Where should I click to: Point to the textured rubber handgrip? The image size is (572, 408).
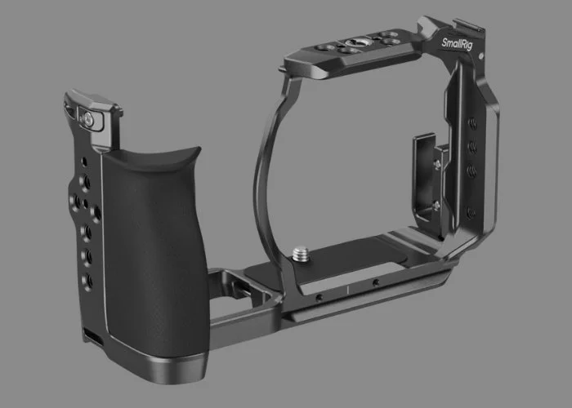coord(151,245)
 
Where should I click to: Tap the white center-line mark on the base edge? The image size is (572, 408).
coord(347,288)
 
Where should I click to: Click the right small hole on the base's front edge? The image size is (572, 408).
coord(375,282)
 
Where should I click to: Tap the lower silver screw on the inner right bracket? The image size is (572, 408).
coord(435,204)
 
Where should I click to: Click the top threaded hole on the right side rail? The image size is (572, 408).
coord(472,123)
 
